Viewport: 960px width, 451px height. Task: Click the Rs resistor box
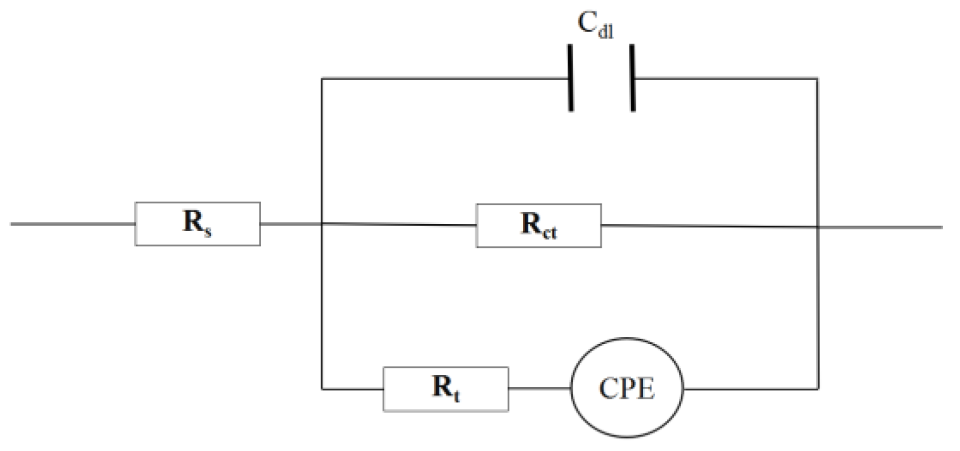click(x=197, y=223)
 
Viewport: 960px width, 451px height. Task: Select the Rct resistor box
click(x=539, y=225)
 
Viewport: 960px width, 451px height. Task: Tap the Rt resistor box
click(x=446, y=389)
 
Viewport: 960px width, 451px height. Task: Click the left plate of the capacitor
click(x=571, y=78)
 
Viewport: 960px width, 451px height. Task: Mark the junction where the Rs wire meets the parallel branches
click(x=322, y=223)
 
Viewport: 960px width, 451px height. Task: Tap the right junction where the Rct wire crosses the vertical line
click(x=818, y=226)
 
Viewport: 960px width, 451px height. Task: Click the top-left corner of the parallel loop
click(x=322, y=79)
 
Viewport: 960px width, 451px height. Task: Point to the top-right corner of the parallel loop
click(x=818, y=79)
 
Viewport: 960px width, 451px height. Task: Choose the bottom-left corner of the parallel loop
click(x=322, y=389)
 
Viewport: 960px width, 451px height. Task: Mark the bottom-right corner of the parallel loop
click(x=818, y=389)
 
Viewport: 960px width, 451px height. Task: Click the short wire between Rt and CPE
click(x=539, y=389)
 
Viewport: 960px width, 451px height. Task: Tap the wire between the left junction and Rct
click(x=399, y=224)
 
